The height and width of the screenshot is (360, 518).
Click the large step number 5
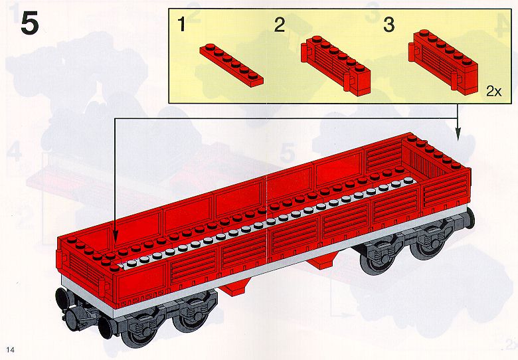[30, 23]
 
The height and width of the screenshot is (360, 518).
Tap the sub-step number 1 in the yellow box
[181, 24]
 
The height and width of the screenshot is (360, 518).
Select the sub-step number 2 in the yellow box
[279, 25]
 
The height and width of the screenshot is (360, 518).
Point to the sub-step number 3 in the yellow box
[388, 25]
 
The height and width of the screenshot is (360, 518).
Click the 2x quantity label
[493, 91]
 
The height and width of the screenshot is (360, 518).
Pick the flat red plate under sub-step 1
[232, 64]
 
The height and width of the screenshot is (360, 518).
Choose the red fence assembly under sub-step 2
[335, 65]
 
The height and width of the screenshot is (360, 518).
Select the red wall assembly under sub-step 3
[443, 60]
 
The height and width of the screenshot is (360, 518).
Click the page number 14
[10, 350]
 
